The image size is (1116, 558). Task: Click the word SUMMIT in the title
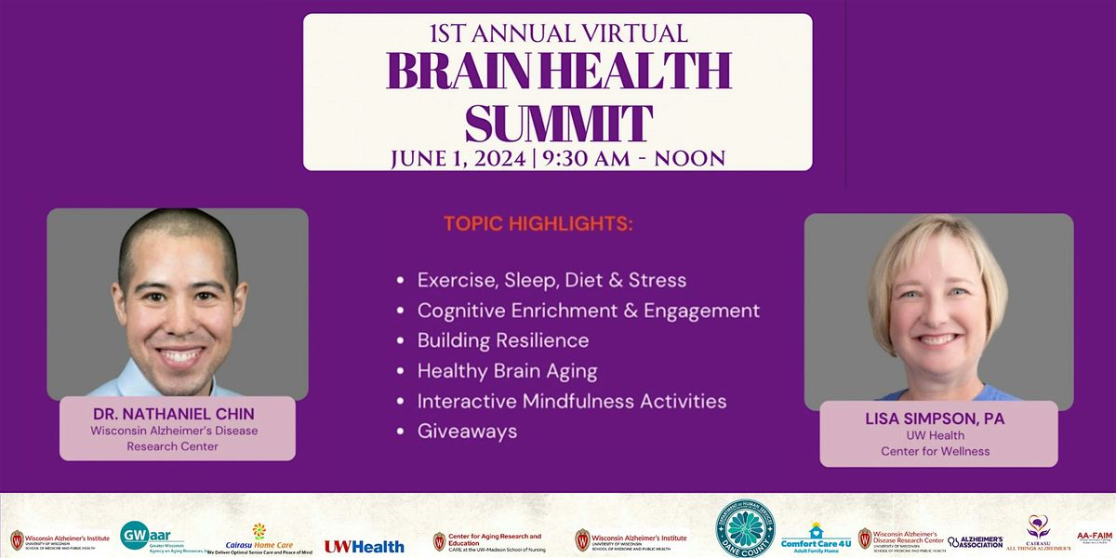[558, 122]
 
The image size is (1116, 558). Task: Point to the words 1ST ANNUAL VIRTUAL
[558, 34]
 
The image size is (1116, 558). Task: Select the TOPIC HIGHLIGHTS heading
[538, 225]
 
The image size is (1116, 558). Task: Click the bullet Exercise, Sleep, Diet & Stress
[551, 280]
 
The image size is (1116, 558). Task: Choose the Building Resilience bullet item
[502, 340]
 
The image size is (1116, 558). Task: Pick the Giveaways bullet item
[467, 432]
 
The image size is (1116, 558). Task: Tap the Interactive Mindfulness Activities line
[571, 401]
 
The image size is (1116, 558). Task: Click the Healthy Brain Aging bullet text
[507, 371]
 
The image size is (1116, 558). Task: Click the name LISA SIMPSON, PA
[937, 418]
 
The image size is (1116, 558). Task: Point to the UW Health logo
[364, 546]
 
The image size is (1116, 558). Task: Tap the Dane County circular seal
[745, 529]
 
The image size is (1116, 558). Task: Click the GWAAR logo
[149, 537]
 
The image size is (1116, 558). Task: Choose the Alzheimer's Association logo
[976, 541]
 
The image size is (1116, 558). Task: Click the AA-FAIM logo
[1095, 537]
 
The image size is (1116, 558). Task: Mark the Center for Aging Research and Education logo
[487, 541]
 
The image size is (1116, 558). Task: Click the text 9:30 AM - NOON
[637, 158]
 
